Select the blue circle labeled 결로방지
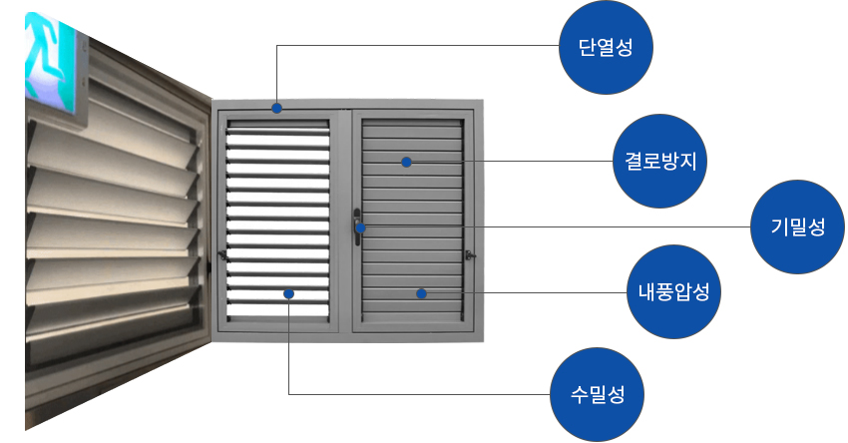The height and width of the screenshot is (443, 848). coord(659,161)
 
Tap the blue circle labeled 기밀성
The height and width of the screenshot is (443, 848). coord(797,226)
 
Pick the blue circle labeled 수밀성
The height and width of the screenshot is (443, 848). coord(598,392)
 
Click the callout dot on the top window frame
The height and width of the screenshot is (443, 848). coord(276,108)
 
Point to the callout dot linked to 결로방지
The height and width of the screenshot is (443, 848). coord(406,162)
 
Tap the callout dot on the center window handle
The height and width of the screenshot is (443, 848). coord(361,228)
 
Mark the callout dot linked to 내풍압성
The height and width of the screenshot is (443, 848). coord(421,293)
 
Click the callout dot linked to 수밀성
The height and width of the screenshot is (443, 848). coord(288,293)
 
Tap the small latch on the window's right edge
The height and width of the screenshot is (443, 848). coord(470,256)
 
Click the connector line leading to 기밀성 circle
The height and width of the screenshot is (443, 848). coord(599,227)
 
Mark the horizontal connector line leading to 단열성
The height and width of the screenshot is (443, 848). coord(419,46)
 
